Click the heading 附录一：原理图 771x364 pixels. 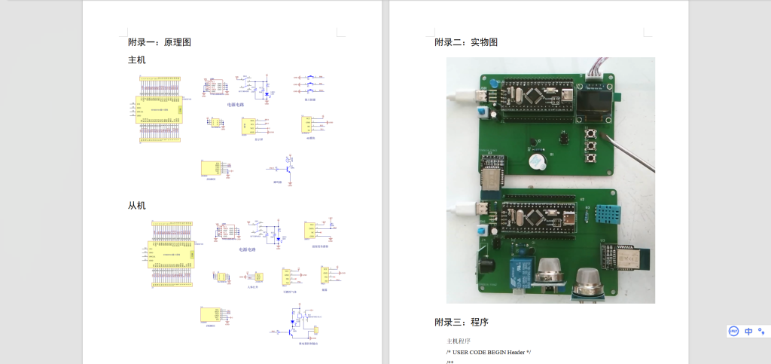coord(159,42)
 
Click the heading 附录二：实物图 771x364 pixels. coord(465,42)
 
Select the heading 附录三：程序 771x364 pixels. coord(461,322)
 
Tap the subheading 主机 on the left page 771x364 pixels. coord(137,60)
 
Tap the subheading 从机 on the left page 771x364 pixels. coord(137,205)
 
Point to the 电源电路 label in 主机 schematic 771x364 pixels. coord(236,105)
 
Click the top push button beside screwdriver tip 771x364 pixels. coord(591,133)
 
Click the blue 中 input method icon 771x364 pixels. coord(748,331)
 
